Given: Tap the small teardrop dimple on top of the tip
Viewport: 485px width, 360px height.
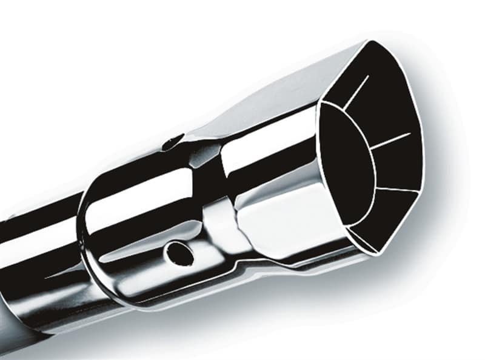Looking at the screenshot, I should pyautogui.click(x=172, y=143).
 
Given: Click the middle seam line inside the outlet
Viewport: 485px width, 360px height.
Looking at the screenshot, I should pyautogui.click(x=391, y=141).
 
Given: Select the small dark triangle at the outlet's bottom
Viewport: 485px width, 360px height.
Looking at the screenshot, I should pyautogui.click(x=364, y=239).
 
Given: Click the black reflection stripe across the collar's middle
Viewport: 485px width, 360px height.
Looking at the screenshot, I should pyautogui.click(x=145, y=233).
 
